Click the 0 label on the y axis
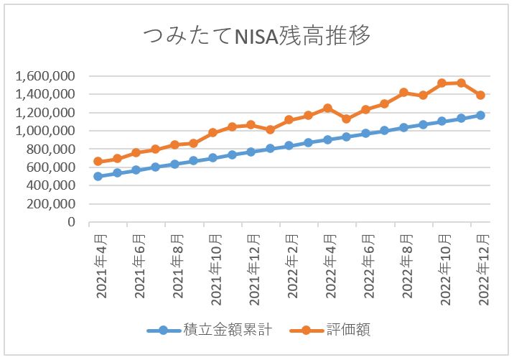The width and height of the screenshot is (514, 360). point(72,222)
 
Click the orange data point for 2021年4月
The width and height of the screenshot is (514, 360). point(98,162)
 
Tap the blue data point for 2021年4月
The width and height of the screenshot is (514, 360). point(98,176)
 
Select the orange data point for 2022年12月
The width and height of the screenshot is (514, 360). point(480,95)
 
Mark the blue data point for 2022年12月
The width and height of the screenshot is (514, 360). point(480,115)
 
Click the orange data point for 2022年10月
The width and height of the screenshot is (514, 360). point(442,83)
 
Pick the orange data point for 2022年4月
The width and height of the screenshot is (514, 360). point(327,108)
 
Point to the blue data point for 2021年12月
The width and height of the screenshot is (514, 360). point(251,152)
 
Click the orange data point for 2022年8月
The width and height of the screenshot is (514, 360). point(403,93)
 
